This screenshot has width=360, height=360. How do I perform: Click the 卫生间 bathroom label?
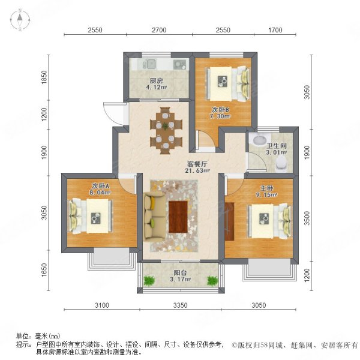[x=276, y=146]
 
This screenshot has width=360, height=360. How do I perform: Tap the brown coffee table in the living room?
[x=179, y=215]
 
